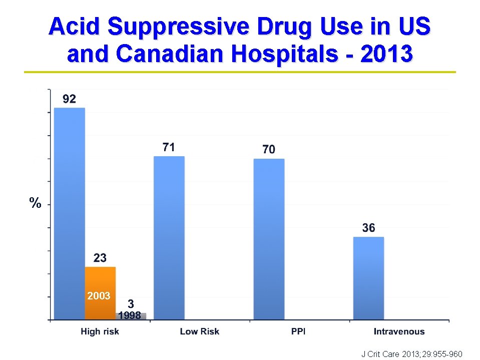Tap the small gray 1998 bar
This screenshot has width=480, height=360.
tap(131, 316)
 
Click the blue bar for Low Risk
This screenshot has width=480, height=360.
tap(169, 238)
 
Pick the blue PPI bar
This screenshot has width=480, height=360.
tap(269, 239)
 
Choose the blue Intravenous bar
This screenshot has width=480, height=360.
tap(368, 278)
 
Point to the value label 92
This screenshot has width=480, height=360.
tap(69, 99)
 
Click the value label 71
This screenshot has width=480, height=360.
tap(169, 147)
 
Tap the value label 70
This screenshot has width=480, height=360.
tap(269, 149)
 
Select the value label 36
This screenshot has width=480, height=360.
tap(368, 228)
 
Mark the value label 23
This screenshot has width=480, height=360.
tap(100, 258)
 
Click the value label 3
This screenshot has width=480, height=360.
tap(131, 304)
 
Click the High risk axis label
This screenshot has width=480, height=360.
tap(100, 331)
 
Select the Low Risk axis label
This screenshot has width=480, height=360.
tap(199, 331)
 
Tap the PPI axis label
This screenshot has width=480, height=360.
tap(299, 331)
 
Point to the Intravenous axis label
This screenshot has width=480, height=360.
tap(399, 331)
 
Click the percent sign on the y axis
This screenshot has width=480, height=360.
tap(35, 203)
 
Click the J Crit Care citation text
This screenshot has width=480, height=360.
tap(411, 354)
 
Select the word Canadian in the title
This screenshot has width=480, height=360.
tap(177, 54)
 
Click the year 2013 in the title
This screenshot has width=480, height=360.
tap(386, 54)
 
